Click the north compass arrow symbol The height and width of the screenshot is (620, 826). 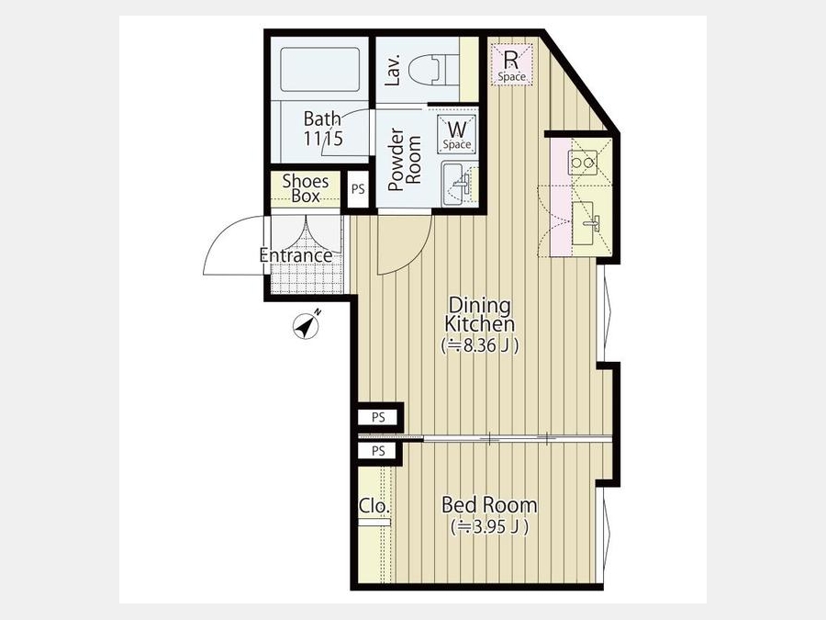point(307,326)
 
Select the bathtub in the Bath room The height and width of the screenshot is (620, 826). point(319,70)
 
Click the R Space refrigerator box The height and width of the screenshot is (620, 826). point(512,64)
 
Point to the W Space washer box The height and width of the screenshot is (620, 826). point(457,134)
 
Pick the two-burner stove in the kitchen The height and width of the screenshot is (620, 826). point(583,163)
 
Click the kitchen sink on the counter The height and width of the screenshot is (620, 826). point(586,223)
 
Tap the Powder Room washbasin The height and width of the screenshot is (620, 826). point(455,184)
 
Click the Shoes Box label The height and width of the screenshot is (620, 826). point(306,188)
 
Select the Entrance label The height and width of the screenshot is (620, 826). point(296,255)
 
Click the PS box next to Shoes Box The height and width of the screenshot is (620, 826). point(358,188)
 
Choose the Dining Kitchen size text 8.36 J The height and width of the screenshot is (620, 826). point(480,346)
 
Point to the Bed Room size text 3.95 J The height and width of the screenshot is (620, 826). point(490,526)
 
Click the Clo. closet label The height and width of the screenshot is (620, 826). point(374,506)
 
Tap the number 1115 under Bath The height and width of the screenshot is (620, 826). point(323,138)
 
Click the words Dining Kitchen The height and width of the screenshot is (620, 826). point(480,314)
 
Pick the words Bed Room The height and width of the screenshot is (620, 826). point(489,505)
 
